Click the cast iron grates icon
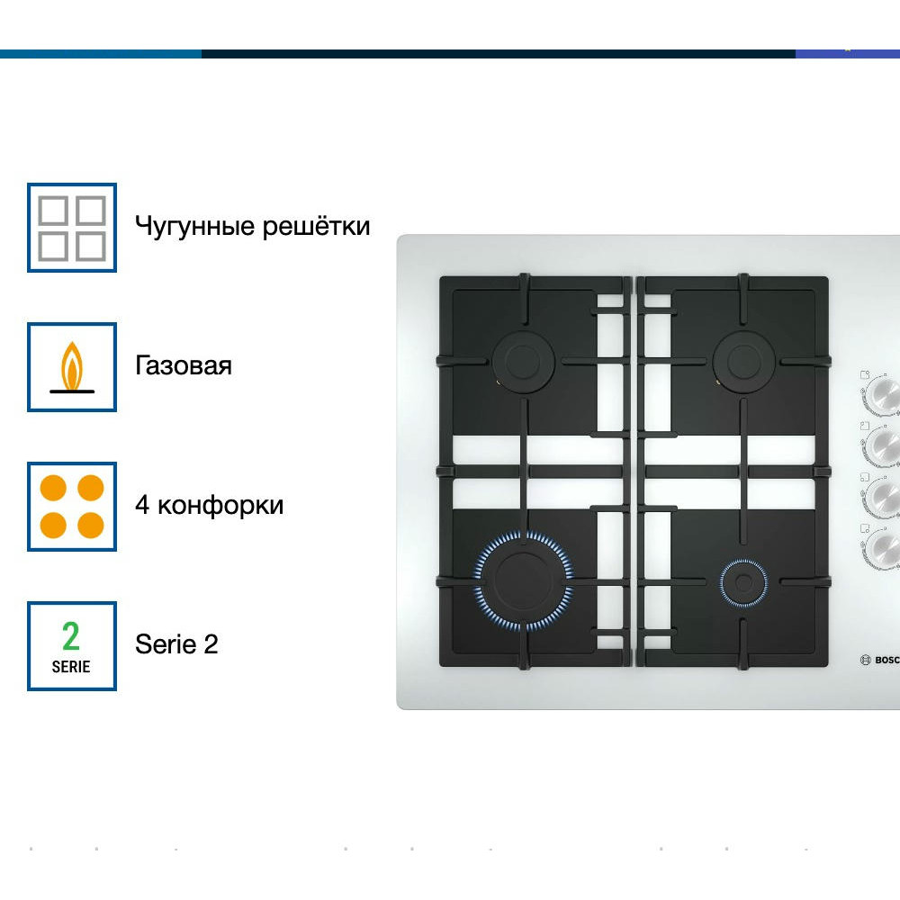pyautogui.click(x=72, y=228)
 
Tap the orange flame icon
pyautogui.click(x=72, y=367)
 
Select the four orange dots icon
pyautogui.click(x=72, y=507)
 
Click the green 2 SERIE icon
pyautogui.click(x=72, y=646)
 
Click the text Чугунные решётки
pyautogui.click(x=252, y=225)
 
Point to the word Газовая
pyautogui.click(x=184, y=365)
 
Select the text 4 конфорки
pyautogui.click(x=209, y=505)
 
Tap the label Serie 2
pyautogui.click(x=176, y=644)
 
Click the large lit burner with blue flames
pyautogui.click(x=523, y=580)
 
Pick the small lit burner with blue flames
pyautogui.click(x=743, y=582)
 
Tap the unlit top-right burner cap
pyautogui.click(x=743, y=362)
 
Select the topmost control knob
pyautogui.click(x=884, y=393)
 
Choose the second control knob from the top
pyautogui.click(x=884, y=444)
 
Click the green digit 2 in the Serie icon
pyautogui.click(x=71, y=636)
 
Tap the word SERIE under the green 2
pyautogui.click(x=71, y=667)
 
